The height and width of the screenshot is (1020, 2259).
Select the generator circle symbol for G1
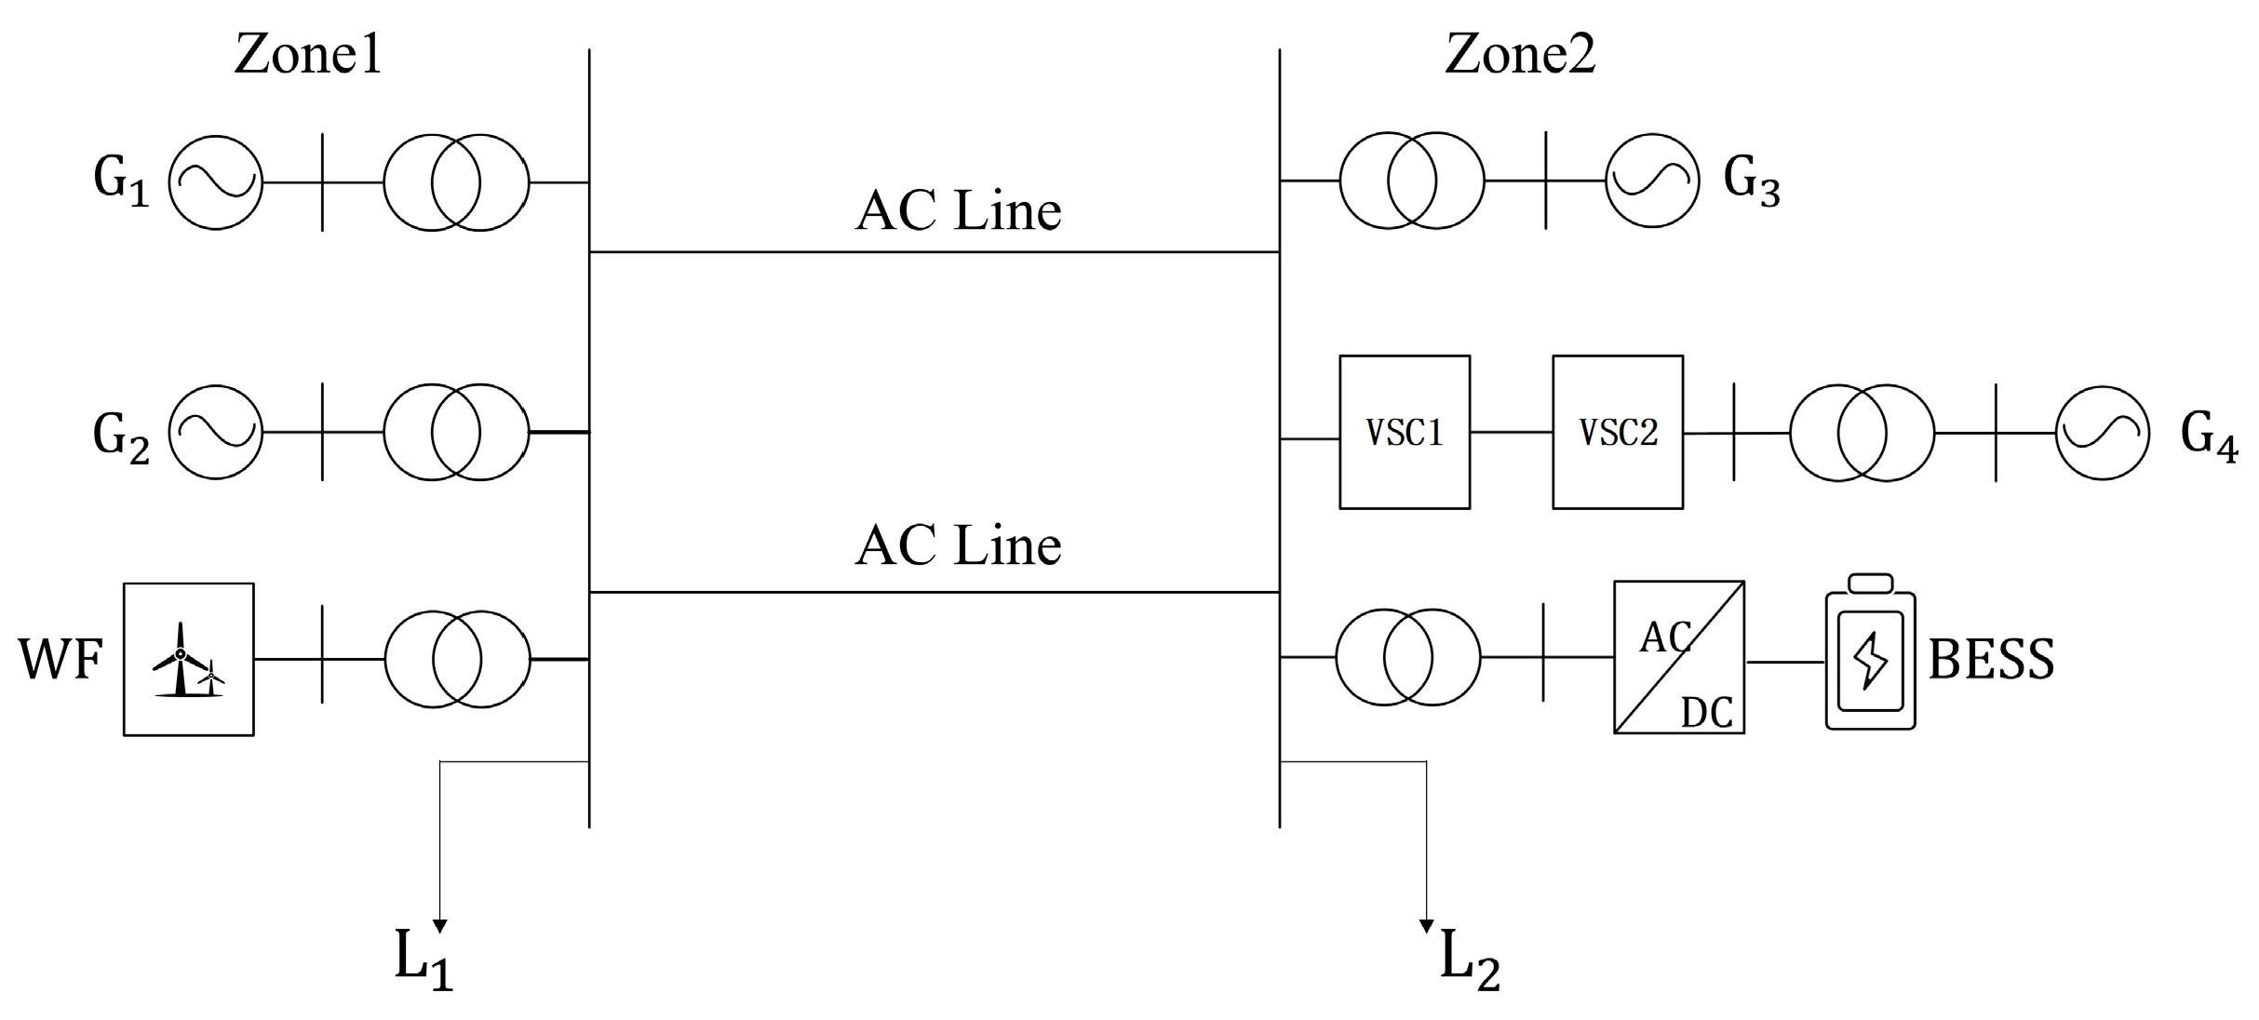[x=216, y=182]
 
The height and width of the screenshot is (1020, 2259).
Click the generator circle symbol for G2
[x=216, y=433]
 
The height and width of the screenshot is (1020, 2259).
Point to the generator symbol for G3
[x=1652, y=181]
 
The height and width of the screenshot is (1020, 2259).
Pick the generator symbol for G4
[x=2103, y=433]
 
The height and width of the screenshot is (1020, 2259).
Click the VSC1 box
[x=1405, y=432]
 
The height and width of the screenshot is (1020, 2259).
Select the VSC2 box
[x=1618, y=432]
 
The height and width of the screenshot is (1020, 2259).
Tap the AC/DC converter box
[x=1678, y=658]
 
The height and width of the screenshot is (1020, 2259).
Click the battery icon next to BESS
[x=1870, y=653]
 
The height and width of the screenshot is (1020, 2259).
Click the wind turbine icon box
[x=189, y=660]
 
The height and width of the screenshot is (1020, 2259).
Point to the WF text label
[x=60, y=660]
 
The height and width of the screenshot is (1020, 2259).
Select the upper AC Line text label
[x=958, y=211]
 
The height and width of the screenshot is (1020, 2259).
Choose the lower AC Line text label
[x=958, y=545]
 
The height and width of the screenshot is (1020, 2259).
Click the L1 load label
[x=424, y=959]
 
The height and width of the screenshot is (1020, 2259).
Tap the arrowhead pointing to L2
[x=1426, y=925]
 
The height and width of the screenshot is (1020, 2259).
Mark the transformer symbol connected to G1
[x=456, y=182]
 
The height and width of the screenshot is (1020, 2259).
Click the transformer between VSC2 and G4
[x=1862, y=433]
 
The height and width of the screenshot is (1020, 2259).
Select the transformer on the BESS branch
[x=1407, y=657]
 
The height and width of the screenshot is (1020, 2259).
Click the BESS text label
[x=1991, y=660]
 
